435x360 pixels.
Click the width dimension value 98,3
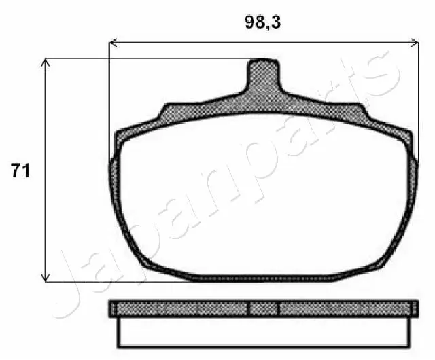262,22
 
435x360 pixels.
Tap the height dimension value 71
20,170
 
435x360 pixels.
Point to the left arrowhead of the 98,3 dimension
113,43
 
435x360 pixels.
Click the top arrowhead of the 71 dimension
46,62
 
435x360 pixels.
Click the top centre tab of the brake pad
262,75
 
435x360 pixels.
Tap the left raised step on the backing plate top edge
173,110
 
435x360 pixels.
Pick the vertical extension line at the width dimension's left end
109,102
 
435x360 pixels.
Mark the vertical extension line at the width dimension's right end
419,102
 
